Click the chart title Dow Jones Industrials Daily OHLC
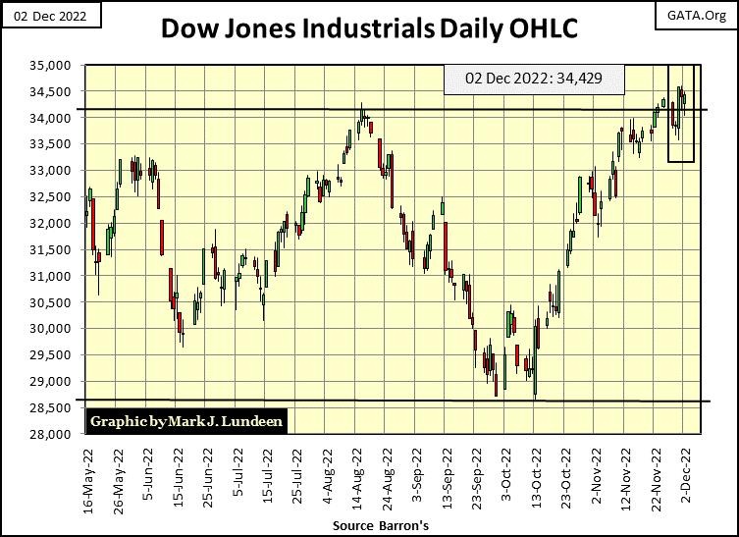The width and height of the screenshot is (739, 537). (x=369, y=30)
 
